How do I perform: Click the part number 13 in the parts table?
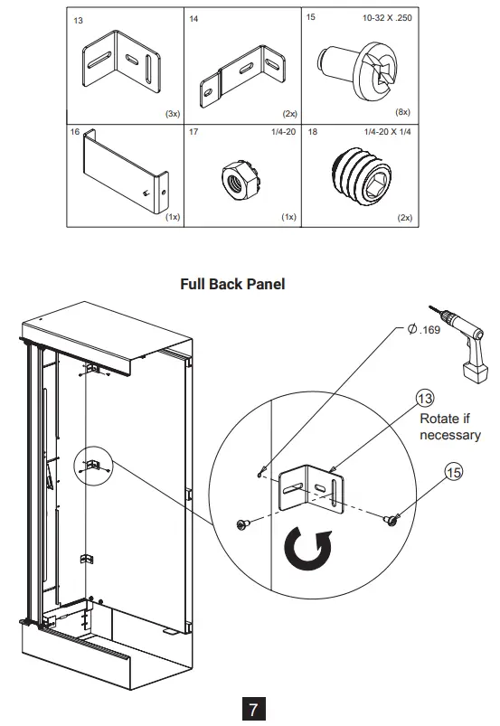click(x=78, y=20)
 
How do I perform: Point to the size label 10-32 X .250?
click(x=388, y=17)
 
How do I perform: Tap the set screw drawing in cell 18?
click(x=364, y=175)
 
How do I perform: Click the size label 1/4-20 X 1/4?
click(x=388, y=132)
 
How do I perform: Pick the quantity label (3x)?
click(x=171, y=115)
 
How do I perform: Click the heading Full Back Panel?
click(x=233, y=284)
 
